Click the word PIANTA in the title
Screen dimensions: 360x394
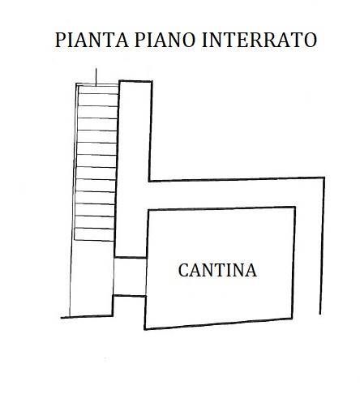92,40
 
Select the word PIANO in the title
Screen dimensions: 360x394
165,40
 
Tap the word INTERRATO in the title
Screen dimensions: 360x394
259,40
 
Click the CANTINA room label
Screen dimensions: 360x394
217,270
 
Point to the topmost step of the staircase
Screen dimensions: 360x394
98,90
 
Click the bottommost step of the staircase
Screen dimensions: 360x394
94,234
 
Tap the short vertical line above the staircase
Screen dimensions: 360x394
96,77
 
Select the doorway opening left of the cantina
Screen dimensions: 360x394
130,276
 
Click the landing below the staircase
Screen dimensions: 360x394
92,278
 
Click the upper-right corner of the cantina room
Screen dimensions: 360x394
294,208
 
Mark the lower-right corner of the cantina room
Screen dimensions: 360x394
292,318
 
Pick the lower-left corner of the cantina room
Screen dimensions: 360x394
145,329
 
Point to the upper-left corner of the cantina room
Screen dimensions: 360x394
148,211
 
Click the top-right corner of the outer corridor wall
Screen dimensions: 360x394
324,178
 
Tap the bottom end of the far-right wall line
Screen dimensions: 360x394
320,314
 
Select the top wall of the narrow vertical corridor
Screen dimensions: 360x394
135,81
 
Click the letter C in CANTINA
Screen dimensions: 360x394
183,270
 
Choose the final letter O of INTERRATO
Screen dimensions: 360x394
310,40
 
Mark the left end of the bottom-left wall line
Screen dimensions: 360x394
61,318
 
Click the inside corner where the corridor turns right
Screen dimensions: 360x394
149,181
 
